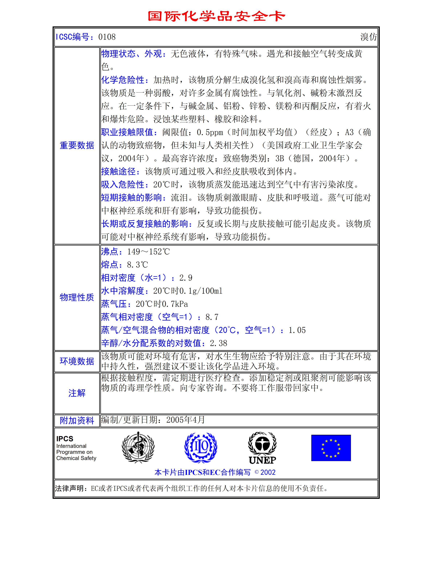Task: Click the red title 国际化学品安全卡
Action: tap(216, 16)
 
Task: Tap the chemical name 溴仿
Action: tap(368, 37)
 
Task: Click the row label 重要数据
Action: tap(77, 145)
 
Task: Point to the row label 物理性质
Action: tap(77, 297)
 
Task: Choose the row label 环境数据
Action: tap(77, 361)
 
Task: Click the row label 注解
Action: tap(77, 393)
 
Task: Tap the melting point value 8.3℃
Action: tap(137, 265)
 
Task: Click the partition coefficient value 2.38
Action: tap(218, 343)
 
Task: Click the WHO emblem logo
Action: tap(138, 447)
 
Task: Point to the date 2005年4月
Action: tap(186, 420)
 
